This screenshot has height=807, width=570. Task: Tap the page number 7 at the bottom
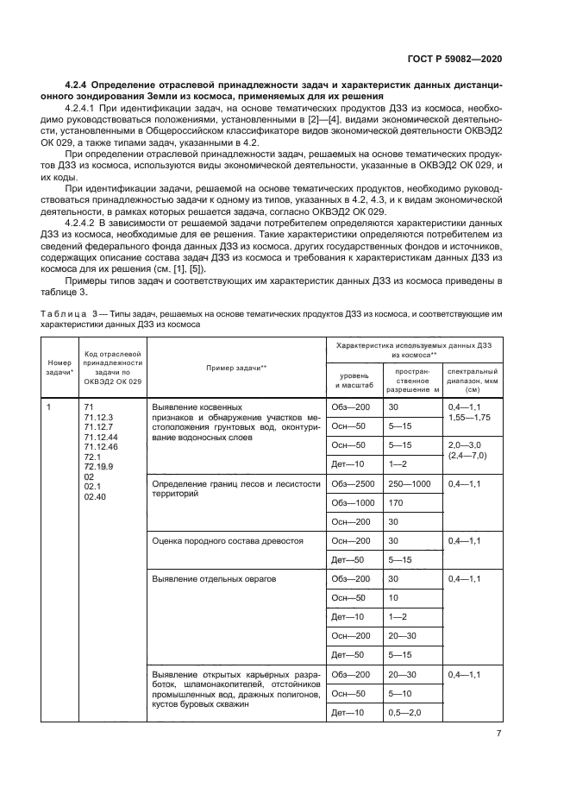click(498, 734)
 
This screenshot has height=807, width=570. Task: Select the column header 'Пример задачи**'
click(235, 367)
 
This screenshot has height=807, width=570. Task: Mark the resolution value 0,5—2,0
click(405, 712)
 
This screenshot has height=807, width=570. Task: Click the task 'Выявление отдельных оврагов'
click(213, 578)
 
